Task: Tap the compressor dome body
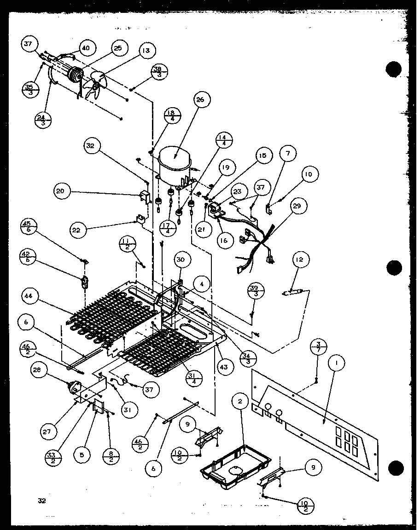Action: pos(175,161)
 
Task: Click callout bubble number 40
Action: pos(86,47)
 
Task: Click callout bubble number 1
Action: pos(338,364)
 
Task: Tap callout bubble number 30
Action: pos(181,260)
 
